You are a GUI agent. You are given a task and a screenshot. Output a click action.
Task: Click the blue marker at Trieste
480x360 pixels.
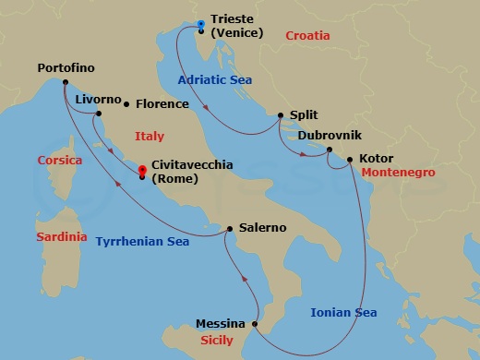tap(200, 24)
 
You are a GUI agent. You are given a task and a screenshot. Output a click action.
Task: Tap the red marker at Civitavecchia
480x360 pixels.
tap(141, 171)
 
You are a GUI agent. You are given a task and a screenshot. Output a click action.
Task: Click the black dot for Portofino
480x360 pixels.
tap(66, 82)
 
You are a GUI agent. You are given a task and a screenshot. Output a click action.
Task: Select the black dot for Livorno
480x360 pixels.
tap(97, 114)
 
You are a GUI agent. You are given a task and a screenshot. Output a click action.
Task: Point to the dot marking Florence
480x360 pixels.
tap(126, 104)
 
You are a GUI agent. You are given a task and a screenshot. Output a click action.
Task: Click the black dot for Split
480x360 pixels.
tap(279, 116)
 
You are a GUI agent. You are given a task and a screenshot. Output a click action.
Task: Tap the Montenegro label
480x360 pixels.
tap(399, 173)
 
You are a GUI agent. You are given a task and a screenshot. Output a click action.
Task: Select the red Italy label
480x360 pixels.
tap(150, 137)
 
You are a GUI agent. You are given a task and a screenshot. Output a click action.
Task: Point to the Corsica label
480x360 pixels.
tap(60, 160)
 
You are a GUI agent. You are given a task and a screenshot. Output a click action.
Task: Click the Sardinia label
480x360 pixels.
tap(61, 237)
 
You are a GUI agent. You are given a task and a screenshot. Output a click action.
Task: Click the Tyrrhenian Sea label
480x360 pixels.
tap(142, 242)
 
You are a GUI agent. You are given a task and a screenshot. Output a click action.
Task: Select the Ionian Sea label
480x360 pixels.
tap(342, 313)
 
